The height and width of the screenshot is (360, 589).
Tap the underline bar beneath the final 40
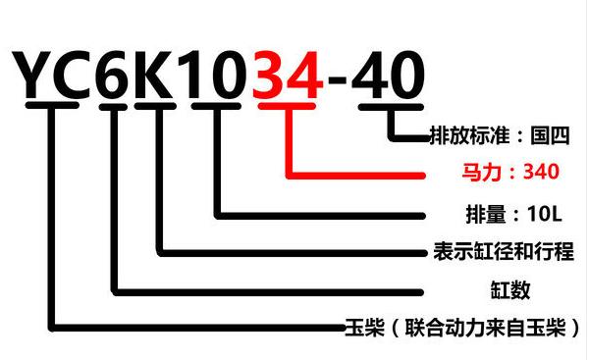pos(392,107)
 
